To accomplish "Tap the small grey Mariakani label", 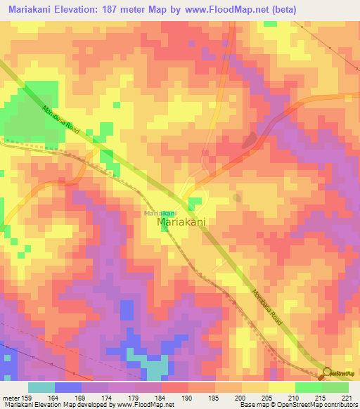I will coord(160,213).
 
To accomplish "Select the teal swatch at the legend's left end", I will coord(41,387).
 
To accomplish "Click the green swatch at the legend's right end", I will coord(335,387).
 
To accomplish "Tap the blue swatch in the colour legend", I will coord(68,387).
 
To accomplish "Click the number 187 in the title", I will coord(115,9).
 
